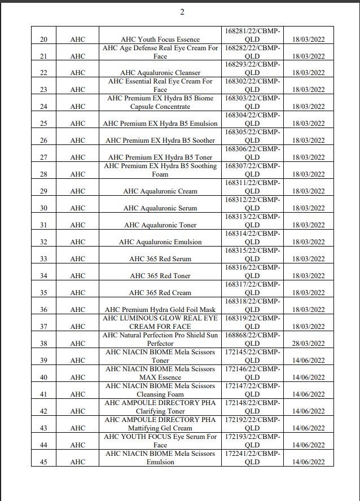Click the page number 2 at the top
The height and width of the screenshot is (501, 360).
182,12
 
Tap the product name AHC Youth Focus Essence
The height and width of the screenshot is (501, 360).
160,39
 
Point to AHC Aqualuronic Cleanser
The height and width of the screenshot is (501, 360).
160,73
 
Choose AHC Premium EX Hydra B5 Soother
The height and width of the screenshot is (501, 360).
160,140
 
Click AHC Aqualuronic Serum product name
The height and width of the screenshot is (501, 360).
160,208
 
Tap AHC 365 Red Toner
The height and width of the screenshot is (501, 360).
160,276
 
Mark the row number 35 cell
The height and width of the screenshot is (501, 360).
44,293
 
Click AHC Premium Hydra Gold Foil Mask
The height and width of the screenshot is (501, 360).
160,310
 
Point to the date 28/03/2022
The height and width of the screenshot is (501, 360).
309,344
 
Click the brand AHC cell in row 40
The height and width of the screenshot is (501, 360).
78,377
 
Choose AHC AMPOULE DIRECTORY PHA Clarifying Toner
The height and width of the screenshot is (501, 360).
160,407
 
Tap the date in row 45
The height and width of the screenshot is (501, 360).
309,462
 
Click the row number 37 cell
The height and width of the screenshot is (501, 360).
44,327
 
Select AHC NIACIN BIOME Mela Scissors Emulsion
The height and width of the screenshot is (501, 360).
160,458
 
